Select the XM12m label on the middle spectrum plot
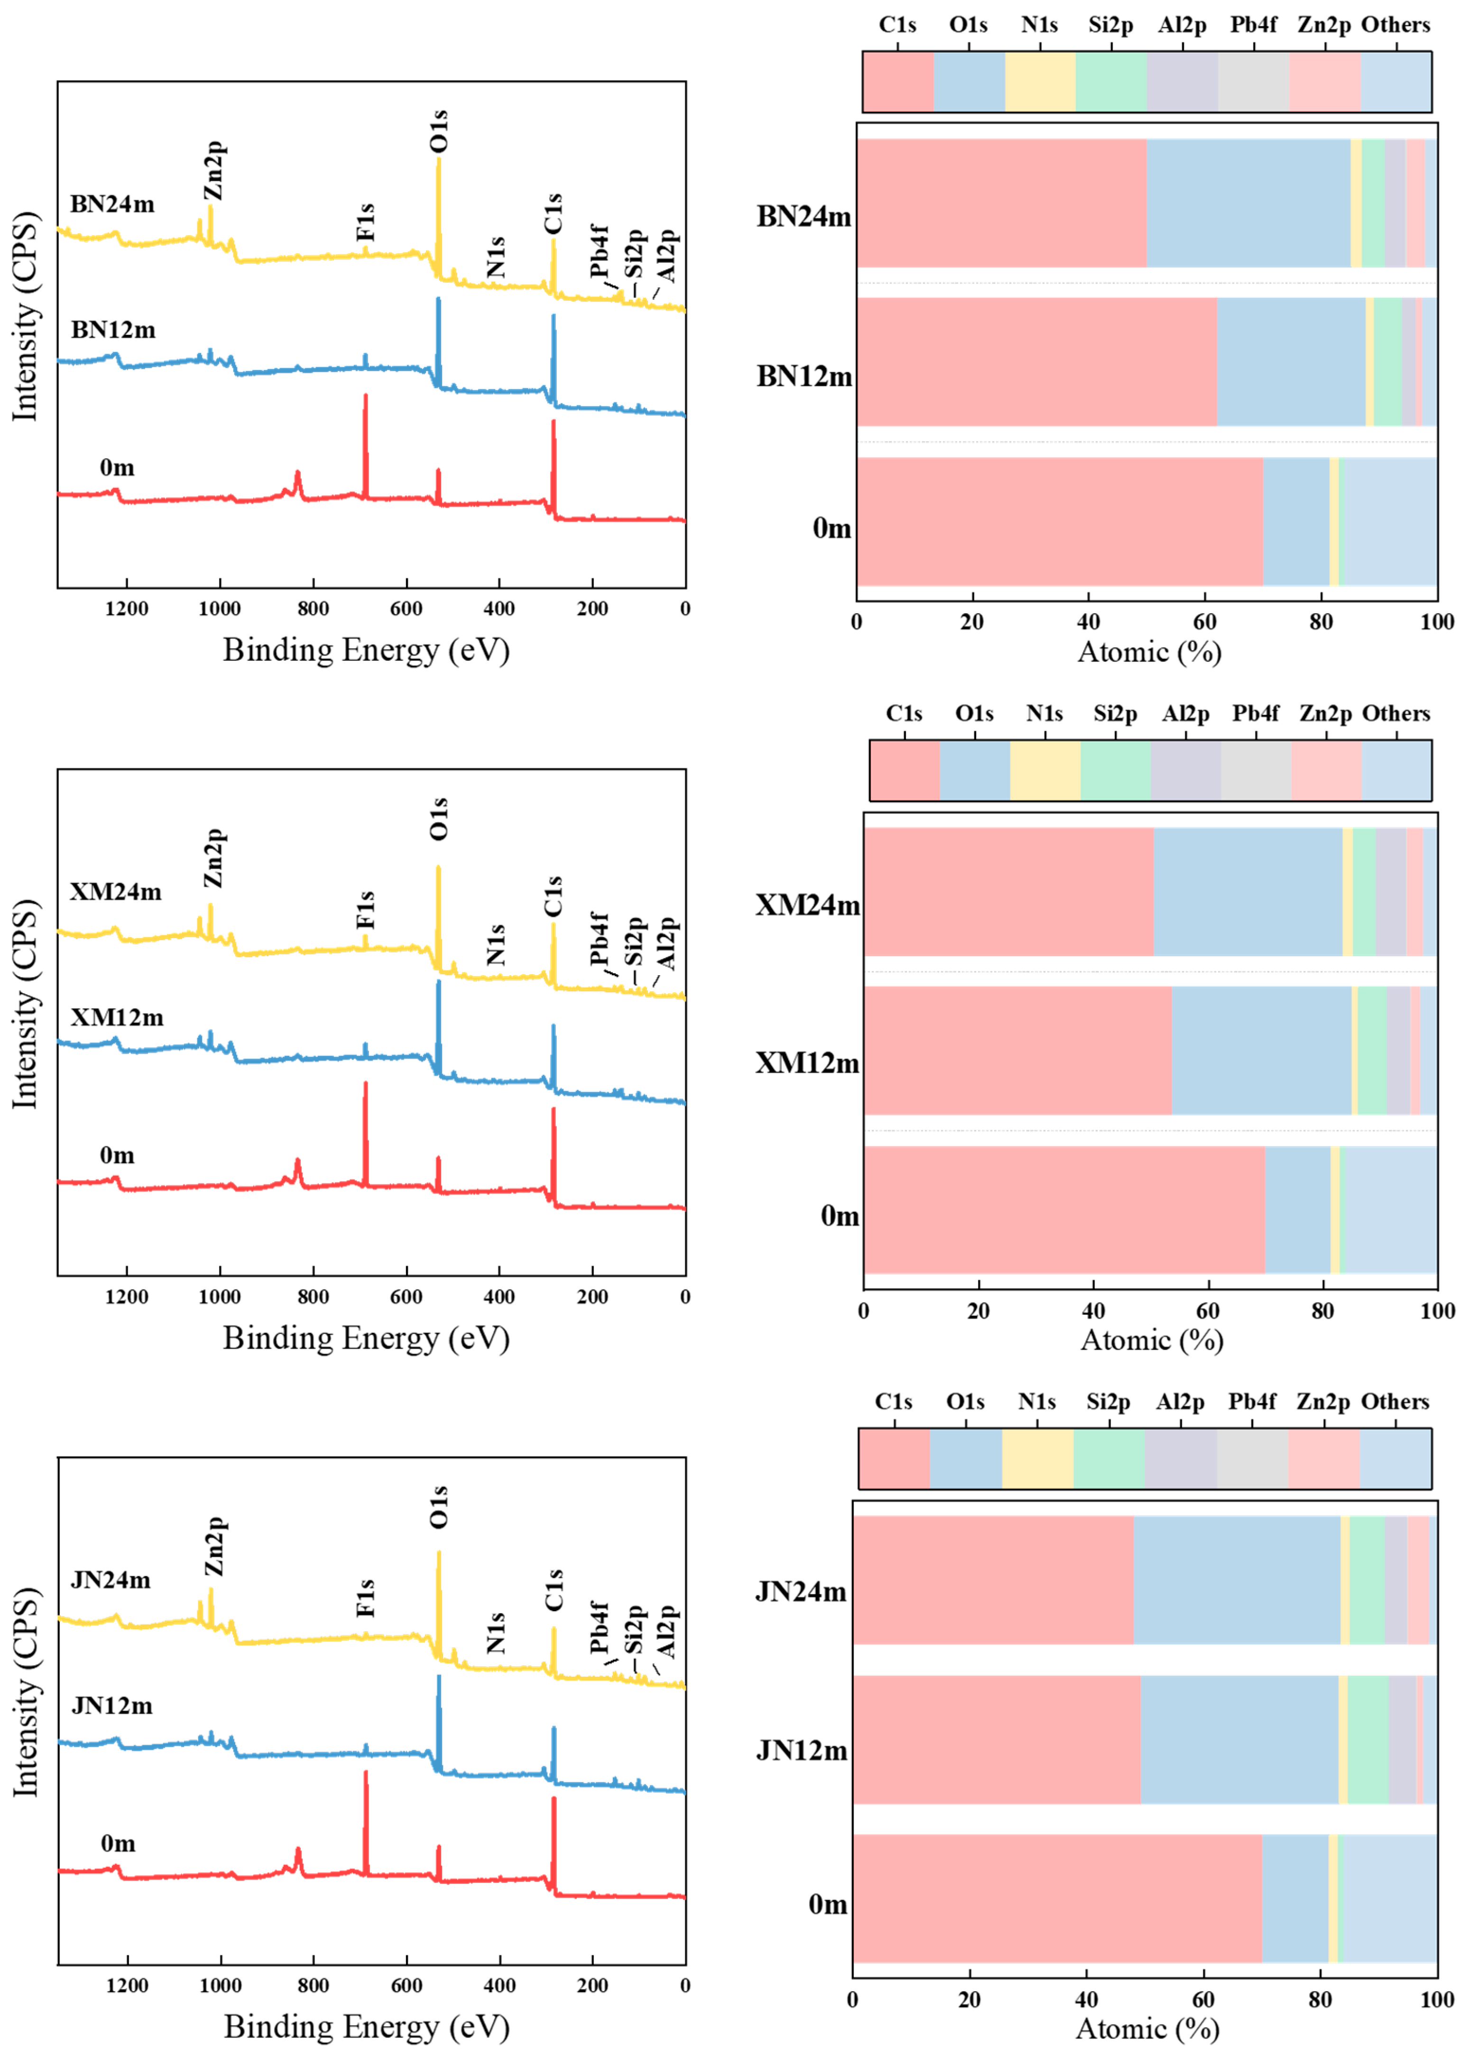pyautogui.click(x=118, y=1018)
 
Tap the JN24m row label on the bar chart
pyautogui.click(x=801, y=1592)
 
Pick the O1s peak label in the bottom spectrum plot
pyautogui.click(x=438, y=1507)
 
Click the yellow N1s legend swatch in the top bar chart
pyautogui.click(x=1040, y=82)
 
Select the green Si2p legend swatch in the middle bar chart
pyautogui.click(x=1116, y=770)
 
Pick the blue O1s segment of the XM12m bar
pyautogui.click(x=1261, y=1050)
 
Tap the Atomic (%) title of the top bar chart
pyautogui.click(x=1149, y=652)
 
